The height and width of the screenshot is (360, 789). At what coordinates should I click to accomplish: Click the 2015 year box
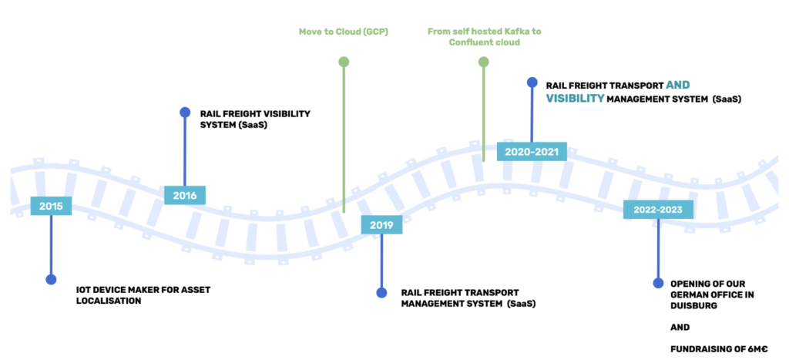(51, 206)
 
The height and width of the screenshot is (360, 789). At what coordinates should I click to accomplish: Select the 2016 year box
(184, 195)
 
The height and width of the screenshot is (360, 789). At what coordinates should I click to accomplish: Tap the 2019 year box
(381, 225)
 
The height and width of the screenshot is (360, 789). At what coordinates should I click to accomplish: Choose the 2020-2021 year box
(532, 151)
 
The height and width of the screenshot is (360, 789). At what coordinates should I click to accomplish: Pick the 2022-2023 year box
(657, 209)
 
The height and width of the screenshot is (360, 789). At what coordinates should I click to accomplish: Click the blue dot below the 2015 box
(51, 280)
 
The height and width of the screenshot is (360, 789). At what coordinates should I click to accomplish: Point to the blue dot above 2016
(185, 113)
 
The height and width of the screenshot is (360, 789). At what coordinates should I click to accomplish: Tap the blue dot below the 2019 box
(381, 293)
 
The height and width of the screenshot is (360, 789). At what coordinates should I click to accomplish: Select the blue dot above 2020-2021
(532, 82)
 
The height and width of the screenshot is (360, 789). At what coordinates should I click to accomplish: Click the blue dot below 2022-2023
(657, 284)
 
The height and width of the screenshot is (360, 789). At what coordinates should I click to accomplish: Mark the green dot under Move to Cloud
(344, 62)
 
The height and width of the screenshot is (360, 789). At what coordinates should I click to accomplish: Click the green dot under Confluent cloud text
(483, 62)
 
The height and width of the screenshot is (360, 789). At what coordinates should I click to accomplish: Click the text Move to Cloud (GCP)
(343, 32)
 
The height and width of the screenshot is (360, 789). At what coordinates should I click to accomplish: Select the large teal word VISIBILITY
(575, 99)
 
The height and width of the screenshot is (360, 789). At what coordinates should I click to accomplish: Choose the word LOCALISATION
(109, 301)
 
